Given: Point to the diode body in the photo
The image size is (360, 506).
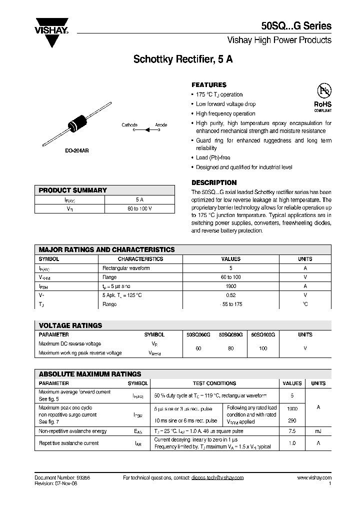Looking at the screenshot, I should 79,124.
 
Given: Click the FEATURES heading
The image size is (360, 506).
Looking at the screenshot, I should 209,85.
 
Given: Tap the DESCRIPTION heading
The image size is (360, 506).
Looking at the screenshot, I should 214,182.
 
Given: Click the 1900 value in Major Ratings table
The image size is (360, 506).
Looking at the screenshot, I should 230,286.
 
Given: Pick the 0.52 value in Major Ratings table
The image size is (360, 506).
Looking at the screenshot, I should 230,295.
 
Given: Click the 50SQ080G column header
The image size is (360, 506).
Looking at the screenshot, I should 230,334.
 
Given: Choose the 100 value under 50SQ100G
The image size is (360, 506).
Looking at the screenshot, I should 263,348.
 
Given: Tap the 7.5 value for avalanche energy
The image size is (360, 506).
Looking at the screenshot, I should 292,431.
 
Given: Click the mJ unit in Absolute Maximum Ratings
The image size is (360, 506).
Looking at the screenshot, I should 318,431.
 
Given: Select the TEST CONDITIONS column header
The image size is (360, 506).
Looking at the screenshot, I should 214,383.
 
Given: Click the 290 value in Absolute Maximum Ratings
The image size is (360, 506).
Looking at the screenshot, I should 292,421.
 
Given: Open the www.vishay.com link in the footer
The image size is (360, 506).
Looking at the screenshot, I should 314,478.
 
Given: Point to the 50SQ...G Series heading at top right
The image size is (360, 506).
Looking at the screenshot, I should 296,26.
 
